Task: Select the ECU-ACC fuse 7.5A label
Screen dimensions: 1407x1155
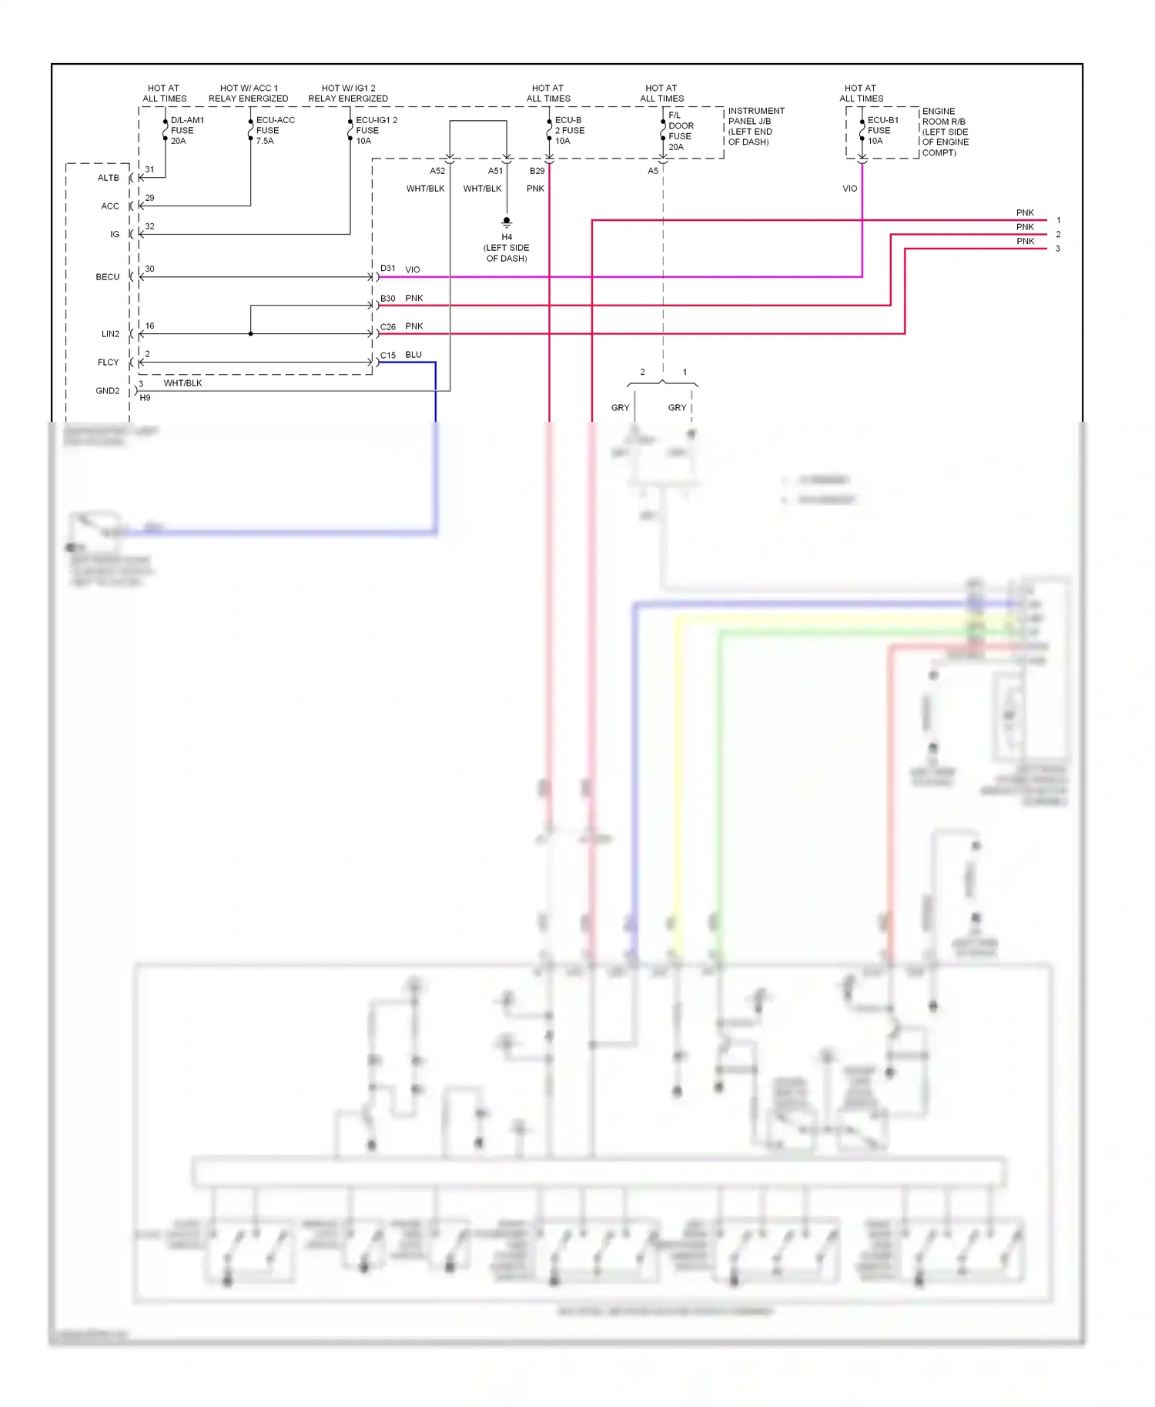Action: point(274,130)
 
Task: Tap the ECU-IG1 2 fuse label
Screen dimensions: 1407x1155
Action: point(375,130)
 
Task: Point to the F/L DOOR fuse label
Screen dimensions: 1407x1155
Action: point(680,131)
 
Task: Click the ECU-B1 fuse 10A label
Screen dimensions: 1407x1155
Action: point(882,130)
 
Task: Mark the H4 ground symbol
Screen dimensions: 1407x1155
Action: point(507,222)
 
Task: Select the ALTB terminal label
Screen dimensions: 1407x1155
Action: point(108,178)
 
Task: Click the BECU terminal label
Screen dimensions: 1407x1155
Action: point(107,277)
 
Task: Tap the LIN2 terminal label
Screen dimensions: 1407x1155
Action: point(110,334)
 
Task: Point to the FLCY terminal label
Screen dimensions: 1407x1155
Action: point(108,363)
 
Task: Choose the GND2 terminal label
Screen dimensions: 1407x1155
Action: point(107,391)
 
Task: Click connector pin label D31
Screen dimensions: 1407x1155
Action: point(387,269)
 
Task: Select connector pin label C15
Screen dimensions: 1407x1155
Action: point(387,356)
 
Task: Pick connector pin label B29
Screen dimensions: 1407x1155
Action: point(537,171)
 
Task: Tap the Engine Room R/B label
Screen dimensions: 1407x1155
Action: point(945,132)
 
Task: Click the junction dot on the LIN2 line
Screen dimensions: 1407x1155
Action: point(251,334)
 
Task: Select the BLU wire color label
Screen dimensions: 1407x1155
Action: point(413,355)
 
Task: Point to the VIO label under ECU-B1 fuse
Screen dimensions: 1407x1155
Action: point(849,189)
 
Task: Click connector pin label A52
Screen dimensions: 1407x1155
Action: point(437,171)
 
